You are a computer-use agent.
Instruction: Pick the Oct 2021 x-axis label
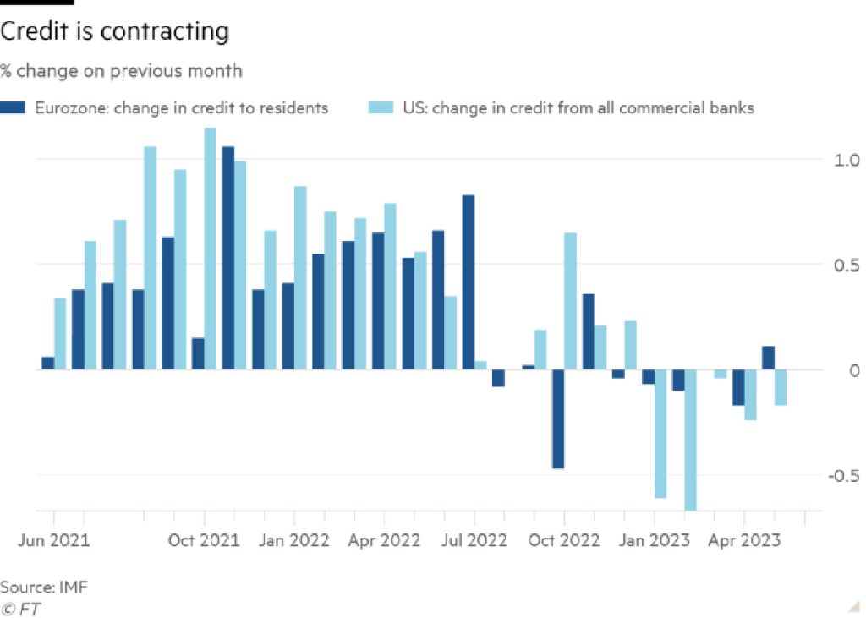pos(204,539)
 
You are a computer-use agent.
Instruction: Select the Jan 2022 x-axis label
pos(294,539)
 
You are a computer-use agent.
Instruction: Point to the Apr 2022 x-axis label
pos(384,539)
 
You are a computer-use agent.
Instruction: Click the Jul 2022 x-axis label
pos(474,539)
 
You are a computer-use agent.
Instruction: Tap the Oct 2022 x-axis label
pos(564,539)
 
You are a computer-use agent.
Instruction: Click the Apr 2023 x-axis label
pos(744,539)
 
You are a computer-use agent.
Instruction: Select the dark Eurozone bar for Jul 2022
pos(468,282)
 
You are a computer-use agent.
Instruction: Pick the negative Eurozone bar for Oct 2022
pos(557,419)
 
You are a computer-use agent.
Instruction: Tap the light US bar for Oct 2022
pos(571,300)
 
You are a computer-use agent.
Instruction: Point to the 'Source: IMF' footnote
pos(44,586)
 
